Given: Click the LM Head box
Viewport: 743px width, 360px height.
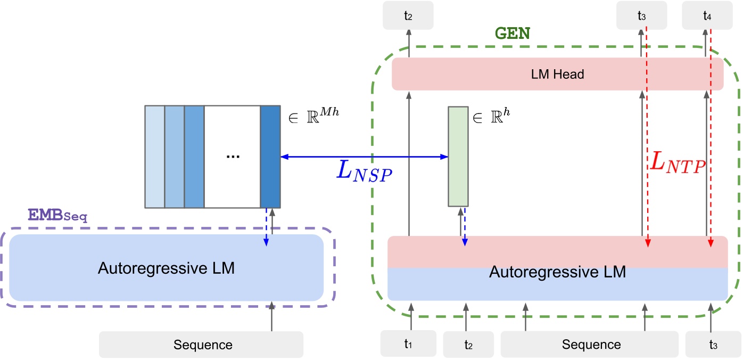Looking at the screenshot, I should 557,74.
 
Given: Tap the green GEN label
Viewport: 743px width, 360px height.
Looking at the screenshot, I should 513,34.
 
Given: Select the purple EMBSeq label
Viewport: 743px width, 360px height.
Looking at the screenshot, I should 57,216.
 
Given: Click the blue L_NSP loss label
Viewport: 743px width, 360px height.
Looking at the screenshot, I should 365,171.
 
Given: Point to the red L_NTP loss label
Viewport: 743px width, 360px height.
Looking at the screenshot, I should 678,163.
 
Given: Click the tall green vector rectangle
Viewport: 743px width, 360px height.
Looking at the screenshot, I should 458,156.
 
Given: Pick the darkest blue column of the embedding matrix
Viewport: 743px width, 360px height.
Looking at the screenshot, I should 270,156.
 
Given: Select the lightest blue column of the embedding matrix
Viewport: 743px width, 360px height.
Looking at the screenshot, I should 155,156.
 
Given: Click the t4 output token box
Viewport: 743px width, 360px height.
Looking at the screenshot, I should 707,16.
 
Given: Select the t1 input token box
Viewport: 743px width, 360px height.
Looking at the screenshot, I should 408,343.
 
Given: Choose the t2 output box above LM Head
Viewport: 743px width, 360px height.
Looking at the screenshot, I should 408,16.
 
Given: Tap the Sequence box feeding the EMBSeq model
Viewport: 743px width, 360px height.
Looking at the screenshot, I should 201,345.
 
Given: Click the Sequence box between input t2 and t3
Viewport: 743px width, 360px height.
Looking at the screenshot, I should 590,344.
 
